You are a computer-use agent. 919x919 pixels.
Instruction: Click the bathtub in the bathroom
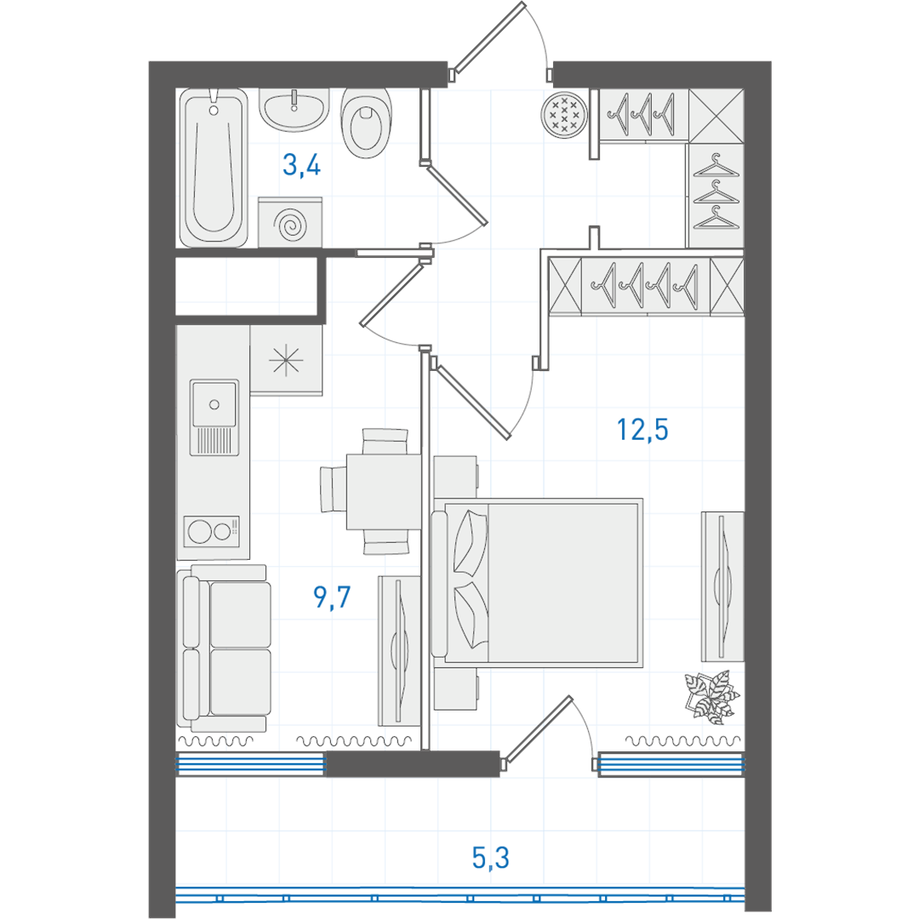tap(214, 168)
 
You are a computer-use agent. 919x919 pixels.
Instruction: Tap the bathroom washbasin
tap(294, 109)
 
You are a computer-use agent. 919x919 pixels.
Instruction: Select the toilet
tap(366, 123)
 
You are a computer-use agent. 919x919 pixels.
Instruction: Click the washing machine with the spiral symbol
tap(290, 222)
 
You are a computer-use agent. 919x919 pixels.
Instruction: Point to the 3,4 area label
tap(302, 165)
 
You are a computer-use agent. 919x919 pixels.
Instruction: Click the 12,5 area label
tap(642, 430)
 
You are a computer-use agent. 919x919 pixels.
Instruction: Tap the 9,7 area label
tap(332, 596)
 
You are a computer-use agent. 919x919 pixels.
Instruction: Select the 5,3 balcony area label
tap(491, 858)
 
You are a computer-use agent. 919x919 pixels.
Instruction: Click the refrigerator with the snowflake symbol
tap(286, 360)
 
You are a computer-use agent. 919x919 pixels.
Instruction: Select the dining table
tap(383, 491)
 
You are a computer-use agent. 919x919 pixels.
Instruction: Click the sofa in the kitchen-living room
tap(225, 648)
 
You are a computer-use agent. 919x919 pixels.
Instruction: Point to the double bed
tap(537, 582)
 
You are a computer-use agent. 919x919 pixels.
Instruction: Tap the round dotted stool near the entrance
tap(564, 114)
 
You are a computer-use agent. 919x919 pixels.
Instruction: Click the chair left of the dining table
tap(333, 489)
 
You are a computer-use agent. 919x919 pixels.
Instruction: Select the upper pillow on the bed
tap(471, 543)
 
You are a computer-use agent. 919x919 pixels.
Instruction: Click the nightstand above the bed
tap(455, 477)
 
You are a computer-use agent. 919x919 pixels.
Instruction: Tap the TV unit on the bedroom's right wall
tap(722, 586)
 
